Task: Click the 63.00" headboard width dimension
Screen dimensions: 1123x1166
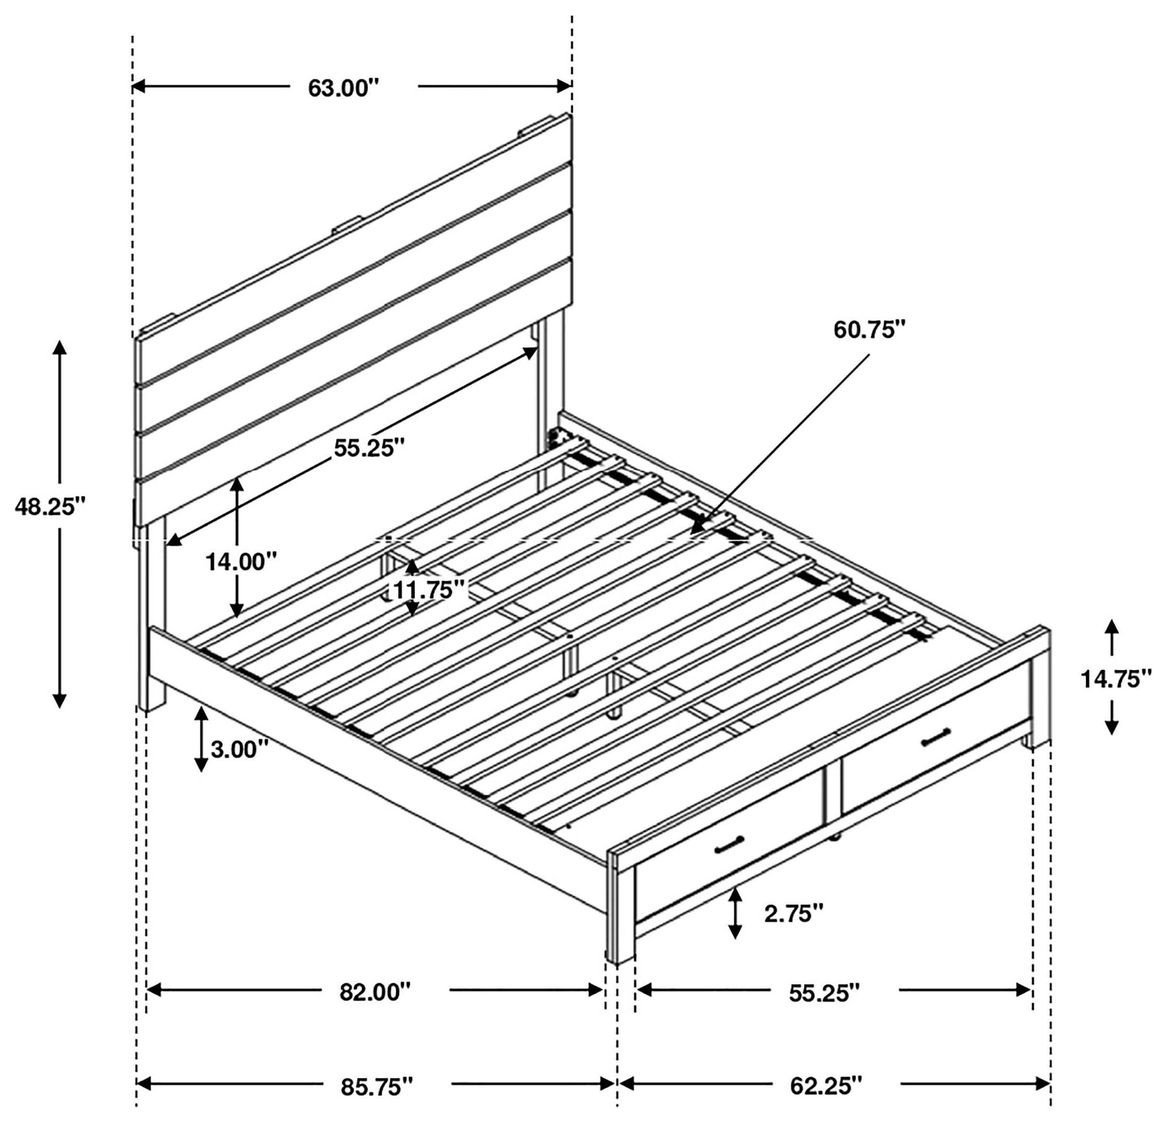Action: [343, 89]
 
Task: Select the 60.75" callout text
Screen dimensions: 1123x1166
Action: [869, 329]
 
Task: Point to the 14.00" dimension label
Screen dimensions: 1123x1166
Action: [241, 561]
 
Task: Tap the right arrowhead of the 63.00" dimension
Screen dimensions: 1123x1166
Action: [564, 86]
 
